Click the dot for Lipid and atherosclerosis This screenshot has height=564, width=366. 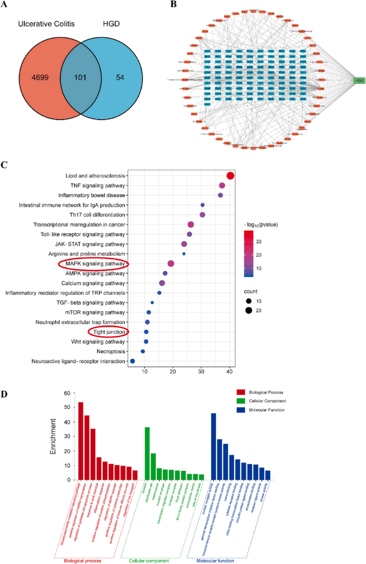[x=230, y=176]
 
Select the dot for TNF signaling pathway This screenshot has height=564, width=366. [x=222, y=185]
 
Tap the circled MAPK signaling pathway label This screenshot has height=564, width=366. [x=93, y=264]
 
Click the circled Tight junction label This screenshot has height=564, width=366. [x=108, y=332]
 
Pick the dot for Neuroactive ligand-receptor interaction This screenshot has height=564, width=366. [x=133, y=361]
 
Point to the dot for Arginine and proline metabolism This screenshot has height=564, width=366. [x=184, y=254]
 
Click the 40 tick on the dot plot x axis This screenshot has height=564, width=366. [x=230, y=374]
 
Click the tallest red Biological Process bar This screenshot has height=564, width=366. [x=81, y=440]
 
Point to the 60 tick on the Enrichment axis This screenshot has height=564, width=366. [x=67, y=393]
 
